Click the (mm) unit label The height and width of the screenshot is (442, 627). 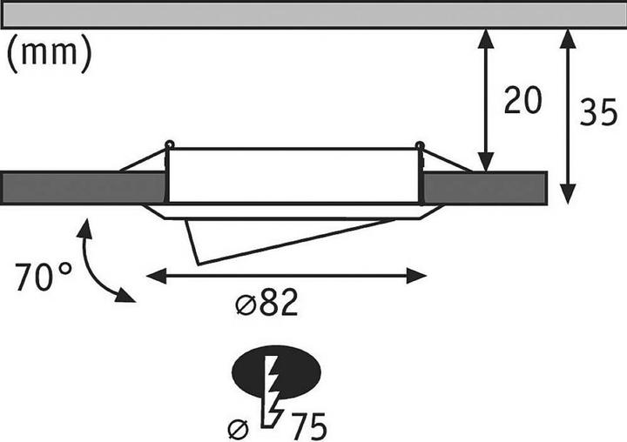coord(49,53)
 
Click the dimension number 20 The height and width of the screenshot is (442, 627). coord(522,101)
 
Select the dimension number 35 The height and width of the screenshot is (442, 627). coord(598,113)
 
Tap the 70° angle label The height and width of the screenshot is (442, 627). coord(44,278)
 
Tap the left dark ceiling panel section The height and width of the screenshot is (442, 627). coord(84,188)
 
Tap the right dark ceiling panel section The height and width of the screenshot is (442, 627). coord(484,188)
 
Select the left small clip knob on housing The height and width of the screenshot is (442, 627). coord(169,144)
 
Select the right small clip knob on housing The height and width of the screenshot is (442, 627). coord(420,144)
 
